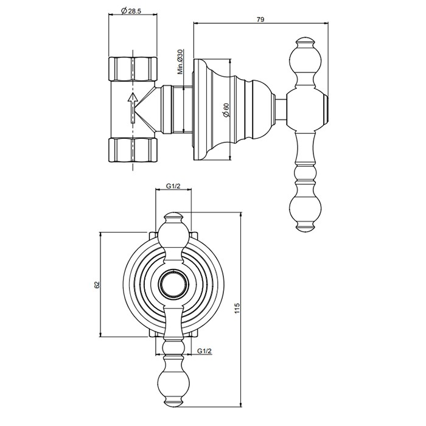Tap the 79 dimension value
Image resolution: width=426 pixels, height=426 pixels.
pyautogui.click(x=260, y=19)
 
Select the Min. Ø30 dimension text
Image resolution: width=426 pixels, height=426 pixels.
pyautogui.click(x=181, y=61)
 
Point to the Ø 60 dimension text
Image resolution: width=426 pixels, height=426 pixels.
pyautogui.click(x=226, y=110)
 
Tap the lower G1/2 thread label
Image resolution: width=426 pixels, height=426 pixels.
pyautogui.click(x=204, y=351)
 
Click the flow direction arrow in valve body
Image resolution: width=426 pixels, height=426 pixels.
pyautogui.click(x=130, y=109)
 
